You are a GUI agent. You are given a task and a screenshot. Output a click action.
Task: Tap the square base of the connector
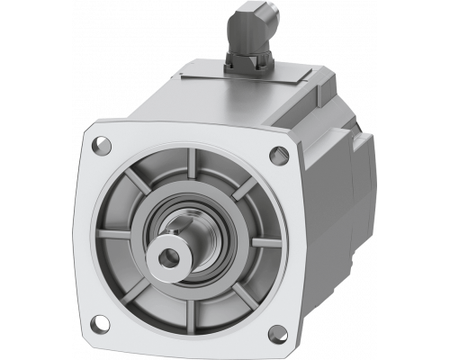point(249,61)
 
